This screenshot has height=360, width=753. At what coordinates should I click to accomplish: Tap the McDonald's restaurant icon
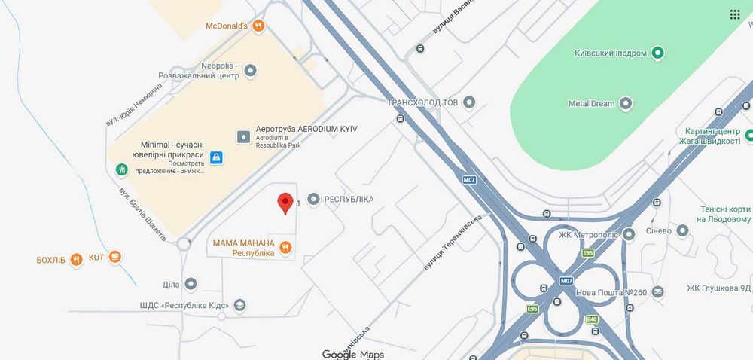click(x=258, y=26)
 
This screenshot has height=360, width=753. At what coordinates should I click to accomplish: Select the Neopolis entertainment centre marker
click(x=251, y=70)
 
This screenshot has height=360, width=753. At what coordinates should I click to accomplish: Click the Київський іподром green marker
click(x=657, y=53)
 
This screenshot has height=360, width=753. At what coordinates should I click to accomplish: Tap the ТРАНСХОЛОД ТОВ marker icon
click(x=469, y=102)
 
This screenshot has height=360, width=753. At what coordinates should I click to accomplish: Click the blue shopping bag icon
click(x=216, y=157)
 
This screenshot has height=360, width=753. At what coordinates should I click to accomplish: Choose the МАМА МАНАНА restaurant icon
click(x=285, y=247)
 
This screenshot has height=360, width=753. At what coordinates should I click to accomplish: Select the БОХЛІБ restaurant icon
click(x=76, y=261)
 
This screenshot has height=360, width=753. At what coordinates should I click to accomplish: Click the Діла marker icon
click(x=191, y=284)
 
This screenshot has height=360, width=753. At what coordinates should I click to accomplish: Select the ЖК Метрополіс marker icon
click(x=629, y=234)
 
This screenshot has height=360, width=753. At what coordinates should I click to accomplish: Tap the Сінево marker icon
click(x=682, y=230)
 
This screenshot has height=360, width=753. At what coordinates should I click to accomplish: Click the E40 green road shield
click(x=591, y=320)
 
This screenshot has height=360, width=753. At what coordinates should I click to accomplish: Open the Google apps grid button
click(x=734, y=15)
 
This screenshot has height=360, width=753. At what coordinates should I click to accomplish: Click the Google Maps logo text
click(x=352, y=354)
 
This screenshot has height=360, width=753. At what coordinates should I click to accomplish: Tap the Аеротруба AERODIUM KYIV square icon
click(x=243, y=137)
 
